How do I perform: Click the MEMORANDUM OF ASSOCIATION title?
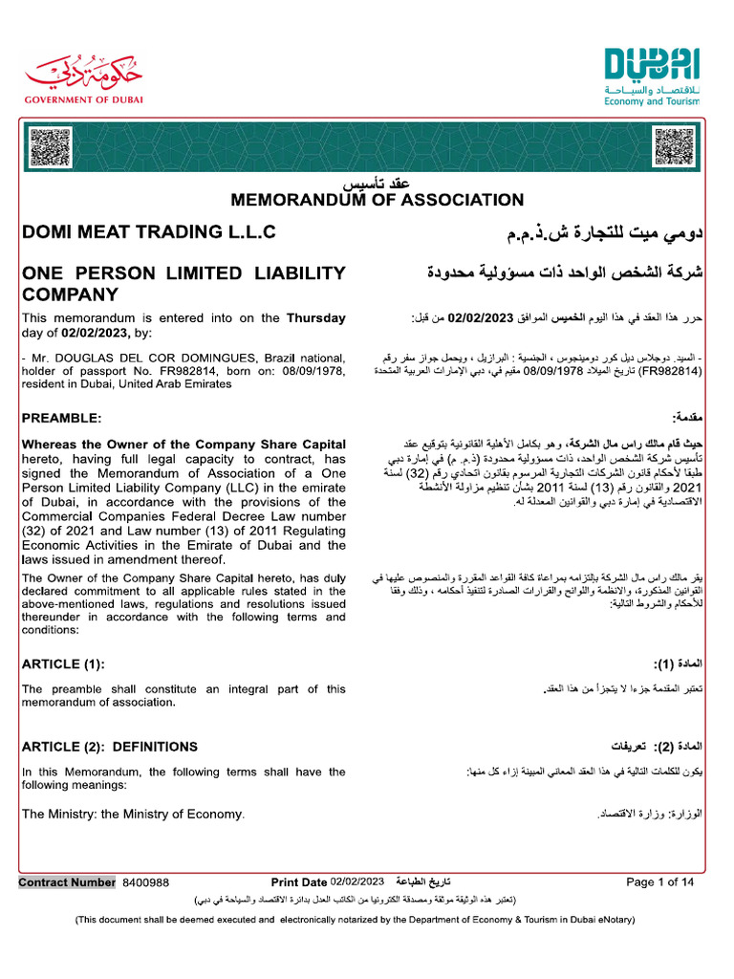coord(377,201)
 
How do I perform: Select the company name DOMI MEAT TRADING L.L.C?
coord(149,232)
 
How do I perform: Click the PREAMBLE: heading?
coord(60,418)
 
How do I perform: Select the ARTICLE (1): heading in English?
coord(63,664)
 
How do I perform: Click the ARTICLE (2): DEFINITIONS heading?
coord(110,747)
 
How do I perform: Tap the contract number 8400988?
coord(145,882)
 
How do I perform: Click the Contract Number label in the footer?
coord(67,882)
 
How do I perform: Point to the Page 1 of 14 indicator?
coord(659,882)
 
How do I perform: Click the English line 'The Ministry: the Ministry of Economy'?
coord(133,815)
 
